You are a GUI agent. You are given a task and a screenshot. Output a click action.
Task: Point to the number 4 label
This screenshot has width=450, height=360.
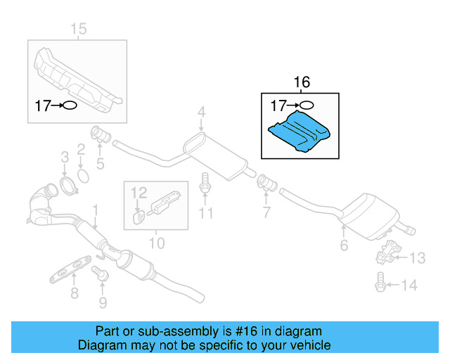tap(201, 112)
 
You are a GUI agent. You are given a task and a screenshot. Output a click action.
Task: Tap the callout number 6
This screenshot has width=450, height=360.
tap(344, 245)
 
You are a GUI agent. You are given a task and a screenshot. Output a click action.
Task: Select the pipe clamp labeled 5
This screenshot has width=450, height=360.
tap(100, 134)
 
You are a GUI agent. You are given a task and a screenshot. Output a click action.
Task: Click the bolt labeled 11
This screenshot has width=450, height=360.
tap(205, 183)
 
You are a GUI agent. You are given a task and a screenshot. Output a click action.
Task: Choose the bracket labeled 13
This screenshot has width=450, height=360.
tap(387, 253)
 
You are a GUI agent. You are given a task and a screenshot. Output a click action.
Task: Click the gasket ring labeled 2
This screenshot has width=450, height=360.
tap(82, 174)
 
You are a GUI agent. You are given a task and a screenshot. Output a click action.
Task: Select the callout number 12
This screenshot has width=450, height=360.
tap(139, 191)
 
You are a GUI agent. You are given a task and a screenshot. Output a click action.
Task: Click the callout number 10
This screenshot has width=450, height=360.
tap(156, 243)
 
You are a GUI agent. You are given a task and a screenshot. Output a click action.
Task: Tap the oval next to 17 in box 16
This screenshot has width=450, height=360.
tap(304, 106)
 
